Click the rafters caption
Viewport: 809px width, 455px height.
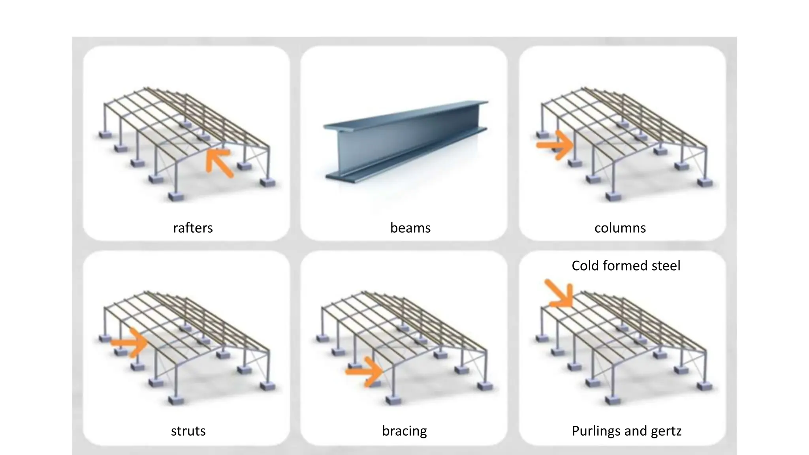[193, 228]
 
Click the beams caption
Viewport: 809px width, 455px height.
[410, 228]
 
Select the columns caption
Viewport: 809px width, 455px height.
[620, 228]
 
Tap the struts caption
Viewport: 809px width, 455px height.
[188, 431]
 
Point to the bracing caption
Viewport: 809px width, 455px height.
[404, 431]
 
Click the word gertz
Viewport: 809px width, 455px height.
[667, 431]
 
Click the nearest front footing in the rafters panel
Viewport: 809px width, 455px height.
[175, 196]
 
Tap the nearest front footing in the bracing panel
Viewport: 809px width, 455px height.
[393, 400]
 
